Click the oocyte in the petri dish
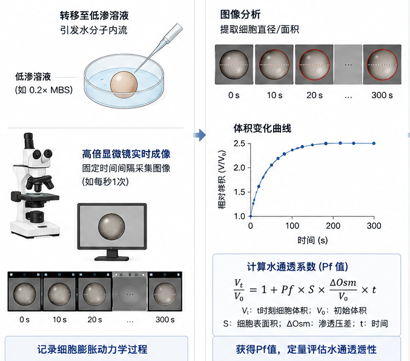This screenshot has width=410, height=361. click(124, 85)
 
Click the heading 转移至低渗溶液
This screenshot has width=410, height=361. click(94, 16)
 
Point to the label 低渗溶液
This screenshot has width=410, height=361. click(33, 77)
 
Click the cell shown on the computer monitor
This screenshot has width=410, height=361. click(111, 227)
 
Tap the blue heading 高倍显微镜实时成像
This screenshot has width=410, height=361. click(126, 154)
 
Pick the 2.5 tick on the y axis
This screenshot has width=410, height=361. click(239, 144)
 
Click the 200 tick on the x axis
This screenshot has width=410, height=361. click(333, 225)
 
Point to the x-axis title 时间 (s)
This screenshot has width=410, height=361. click(312, 240)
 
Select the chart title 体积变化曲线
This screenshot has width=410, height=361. click(262, 128)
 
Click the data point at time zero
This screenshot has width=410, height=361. click(251, 216)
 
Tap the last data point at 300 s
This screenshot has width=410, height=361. click(374, 144)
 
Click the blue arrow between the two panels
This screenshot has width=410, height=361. click(199, 135)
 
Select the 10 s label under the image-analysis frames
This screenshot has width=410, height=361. click(274, 95)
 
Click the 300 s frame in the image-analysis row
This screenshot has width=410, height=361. click(382, 64)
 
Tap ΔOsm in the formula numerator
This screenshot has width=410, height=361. click(343, 282)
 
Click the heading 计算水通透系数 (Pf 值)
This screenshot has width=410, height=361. click(297, 267)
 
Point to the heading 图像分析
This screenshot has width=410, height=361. click(240, 15)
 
